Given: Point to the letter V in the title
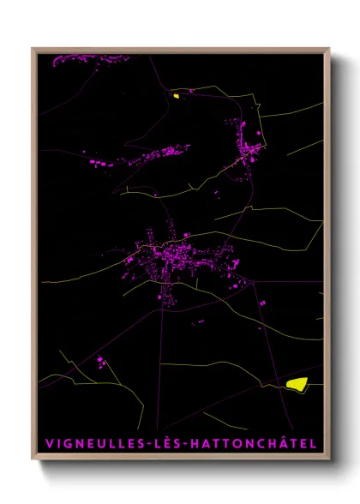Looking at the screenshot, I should [46, 443].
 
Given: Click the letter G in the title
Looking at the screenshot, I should [68, 443].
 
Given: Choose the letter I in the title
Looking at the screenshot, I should [57, 443].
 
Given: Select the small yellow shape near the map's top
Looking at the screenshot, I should [176, 95].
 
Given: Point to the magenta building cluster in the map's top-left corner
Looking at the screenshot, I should [81, 60].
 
